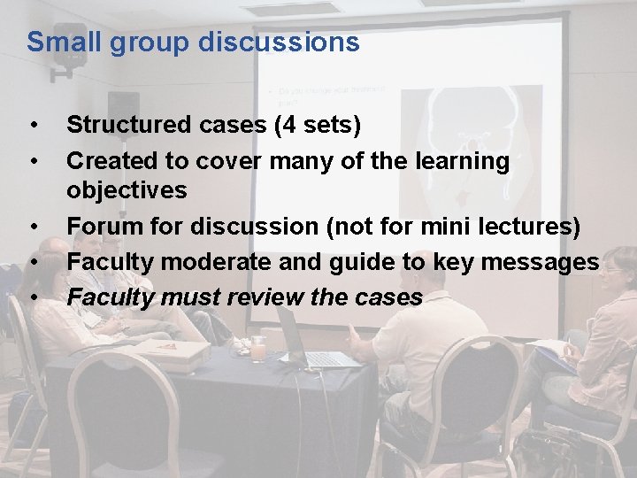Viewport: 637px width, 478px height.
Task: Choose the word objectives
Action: pyautogui.click(x=127, y=190)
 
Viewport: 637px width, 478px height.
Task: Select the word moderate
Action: pyautogui.click(x=212, y=262)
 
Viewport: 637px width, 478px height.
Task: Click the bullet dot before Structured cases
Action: pyautogui.click(x=33, y=126)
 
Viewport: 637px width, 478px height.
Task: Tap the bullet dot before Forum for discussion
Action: pyautogui.click(x=33, y=227)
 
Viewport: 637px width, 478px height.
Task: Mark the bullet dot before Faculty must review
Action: pyautogui.click(x=33, y=297)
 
